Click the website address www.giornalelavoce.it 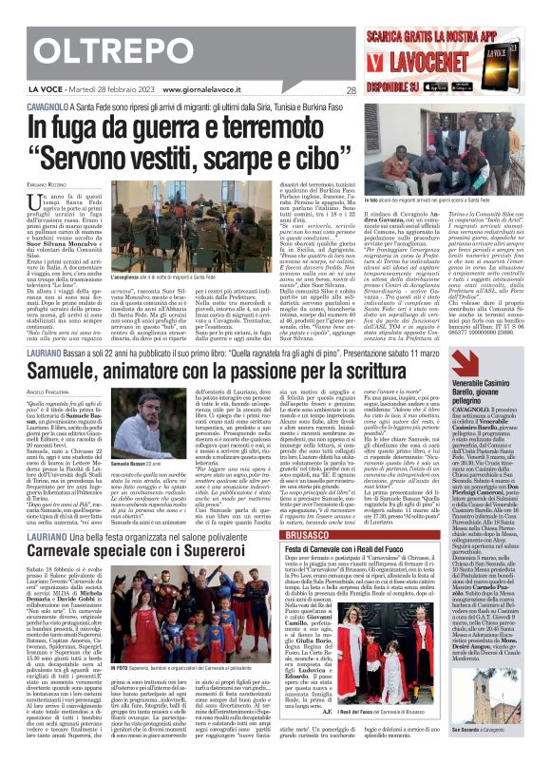[197, 91]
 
